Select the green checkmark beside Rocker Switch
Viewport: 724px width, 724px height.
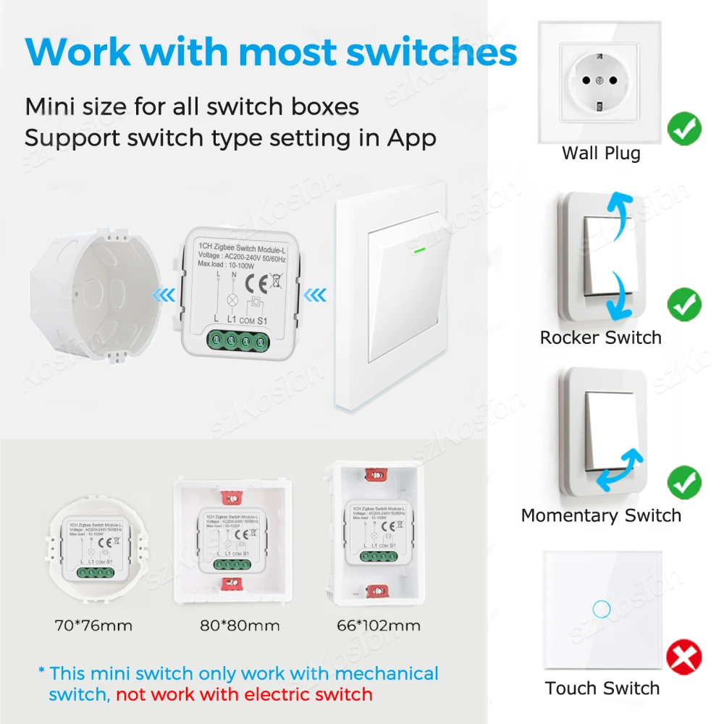coord(684,305)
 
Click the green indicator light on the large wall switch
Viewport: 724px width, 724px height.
coord(418,253)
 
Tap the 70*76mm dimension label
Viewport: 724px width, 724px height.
coord(94,625)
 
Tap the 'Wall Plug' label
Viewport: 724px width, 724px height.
coord(601,153)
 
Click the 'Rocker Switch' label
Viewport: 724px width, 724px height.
coord(600,337)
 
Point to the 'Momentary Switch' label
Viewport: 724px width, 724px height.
coord(601,515)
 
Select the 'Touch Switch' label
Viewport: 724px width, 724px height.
coord(602,688)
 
